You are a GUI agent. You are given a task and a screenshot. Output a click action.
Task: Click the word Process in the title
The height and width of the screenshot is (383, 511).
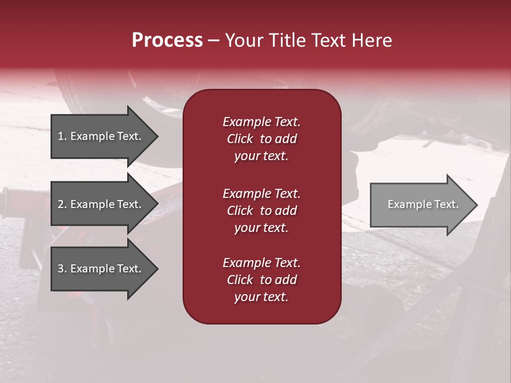click(x=167, y=40)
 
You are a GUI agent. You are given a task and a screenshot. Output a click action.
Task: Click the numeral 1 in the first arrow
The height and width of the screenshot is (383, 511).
click(x=60, y=136)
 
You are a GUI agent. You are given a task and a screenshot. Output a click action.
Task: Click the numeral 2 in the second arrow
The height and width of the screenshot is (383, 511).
click(x=60, y=204)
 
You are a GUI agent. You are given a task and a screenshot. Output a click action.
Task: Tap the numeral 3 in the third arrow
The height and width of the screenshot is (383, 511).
click(x=60, y=269)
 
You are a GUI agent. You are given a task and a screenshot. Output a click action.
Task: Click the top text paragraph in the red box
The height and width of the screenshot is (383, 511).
click(x=261, y=139)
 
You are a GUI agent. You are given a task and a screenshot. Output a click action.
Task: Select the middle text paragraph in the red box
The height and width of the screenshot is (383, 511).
click(x=261, y=211)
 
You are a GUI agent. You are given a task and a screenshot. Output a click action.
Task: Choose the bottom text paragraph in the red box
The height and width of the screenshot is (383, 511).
click(x=261, y=280)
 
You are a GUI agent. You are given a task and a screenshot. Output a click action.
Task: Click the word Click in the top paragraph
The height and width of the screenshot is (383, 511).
click(x=240, y=139)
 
